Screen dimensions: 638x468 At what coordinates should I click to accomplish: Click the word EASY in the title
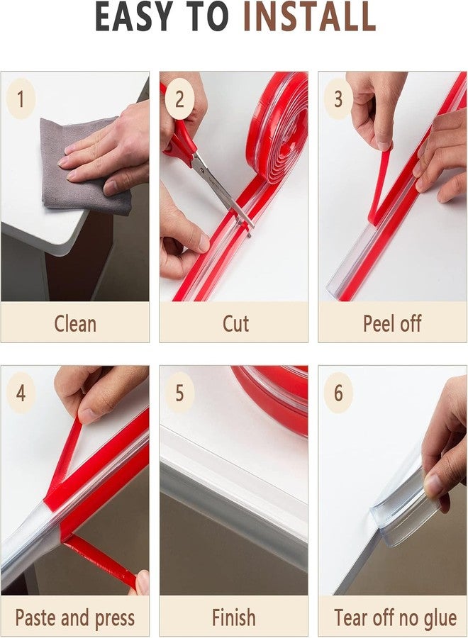click(x=135, y=18)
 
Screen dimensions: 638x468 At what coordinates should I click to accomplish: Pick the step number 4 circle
click(x=21, y=393)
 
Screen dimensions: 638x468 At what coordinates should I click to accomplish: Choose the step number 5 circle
click(x=179, y=393)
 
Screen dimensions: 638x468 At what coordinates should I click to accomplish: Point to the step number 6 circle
click(x=338, y=393)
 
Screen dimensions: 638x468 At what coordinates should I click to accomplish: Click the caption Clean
click(x=74, y=324)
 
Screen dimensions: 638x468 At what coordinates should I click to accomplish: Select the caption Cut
click(x=235, y=324)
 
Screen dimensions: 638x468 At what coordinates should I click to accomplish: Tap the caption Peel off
click(x=392, y=324)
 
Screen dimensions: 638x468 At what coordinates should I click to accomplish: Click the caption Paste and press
click(x=74, y=617)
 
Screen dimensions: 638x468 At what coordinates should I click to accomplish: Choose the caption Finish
click(x=233, y=617)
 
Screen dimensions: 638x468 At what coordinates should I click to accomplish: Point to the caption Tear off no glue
click(x=395, y=617)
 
